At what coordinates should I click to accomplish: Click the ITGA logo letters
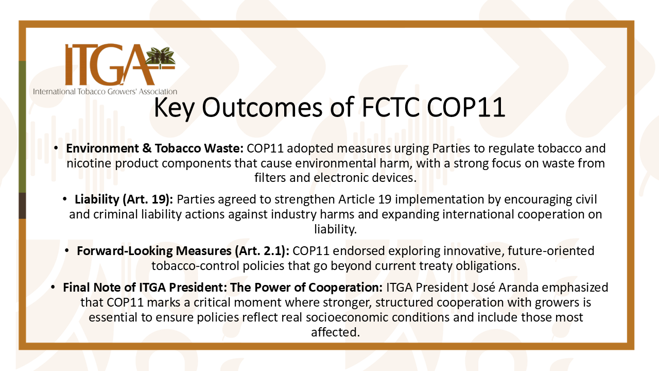point(110,64)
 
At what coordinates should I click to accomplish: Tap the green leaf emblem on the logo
point(161,56)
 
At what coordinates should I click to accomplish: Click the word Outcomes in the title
point(262,107)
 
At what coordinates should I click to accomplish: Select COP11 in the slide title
point(466,107)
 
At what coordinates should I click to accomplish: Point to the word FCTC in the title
point(390,107)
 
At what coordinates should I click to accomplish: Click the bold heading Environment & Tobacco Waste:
point(155,148)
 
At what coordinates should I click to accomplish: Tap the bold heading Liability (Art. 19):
point(124,199)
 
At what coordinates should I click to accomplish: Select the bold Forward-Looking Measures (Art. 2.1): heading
point(183,251)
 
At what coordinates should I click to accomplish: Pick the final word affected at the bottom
point(335,332)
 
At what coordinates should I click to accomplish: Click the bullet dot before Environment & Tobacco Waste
point(56,147)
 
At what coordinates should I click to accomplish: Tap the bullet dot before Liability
point(65,199)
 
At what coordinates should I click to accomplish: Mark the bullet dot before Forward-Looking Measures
point(67,250)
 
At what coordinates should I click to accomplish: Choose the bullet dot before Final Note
point(53,286)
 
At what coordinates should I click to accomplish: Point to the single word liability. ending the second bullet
point(335,229)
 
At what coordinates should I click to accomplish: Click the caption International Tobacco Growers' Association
point(105,92)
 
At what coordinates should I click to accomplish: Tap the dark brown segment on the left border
point(22,206)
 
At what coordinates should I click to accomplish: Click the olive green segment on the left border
point(22,127)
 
